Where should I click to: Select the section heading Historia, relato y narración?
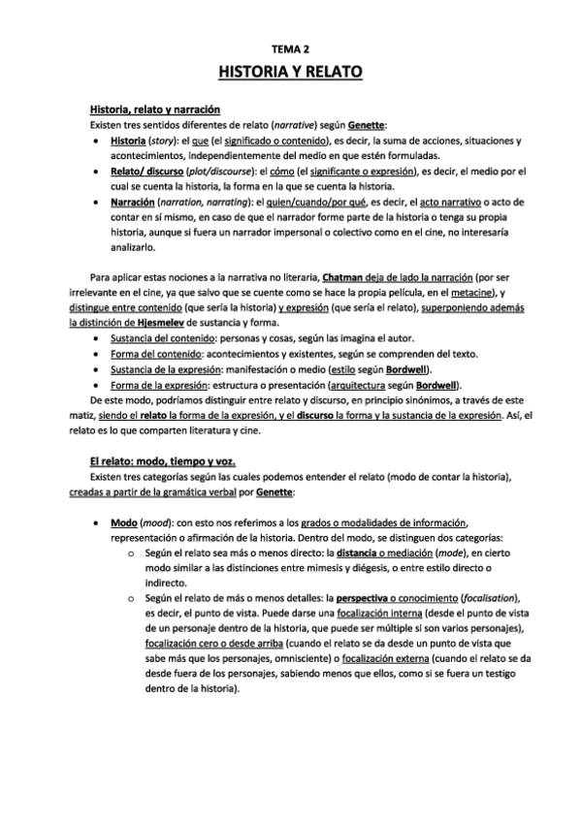[x=155, y=110]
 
